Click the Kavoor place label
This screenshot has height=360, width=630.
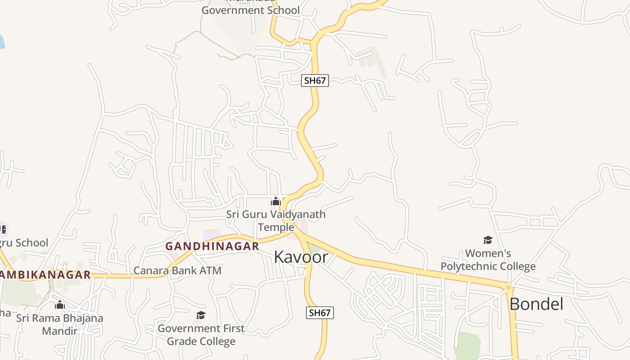301,257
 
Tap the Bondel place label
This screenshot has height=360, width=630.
536,304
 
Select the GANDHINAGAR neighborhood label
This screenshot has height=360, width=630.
212,246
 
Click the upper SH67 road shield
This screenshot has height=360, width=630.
315,81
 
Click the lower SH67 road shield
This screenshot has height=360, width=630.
319,313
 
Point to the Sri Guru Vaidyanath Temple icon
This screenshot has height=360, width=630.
275,201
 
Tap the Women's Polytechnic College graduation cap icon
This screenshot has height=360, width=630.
488,240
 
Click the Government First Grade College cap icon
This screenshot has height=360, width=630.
201,315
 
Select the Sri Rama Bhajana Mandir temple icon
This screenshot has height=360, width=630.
59,305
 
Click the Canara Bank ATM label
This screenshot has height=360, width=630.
177,270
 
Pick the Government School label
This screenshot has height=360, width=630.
250,10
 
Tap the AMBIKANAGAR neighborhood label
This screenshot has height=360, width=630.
45,274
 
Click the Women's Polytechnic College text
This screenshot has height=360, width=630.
488,260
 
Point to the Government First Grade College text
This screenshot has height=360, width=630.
201,335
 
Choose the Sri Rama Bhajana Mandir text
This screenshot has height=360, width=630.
60,324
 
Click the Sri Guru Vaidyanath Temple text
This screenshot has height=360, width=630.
275,220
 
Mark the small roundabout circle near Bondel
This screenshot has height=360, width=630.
508,287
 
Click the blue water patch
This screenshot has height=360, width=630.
1,42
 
